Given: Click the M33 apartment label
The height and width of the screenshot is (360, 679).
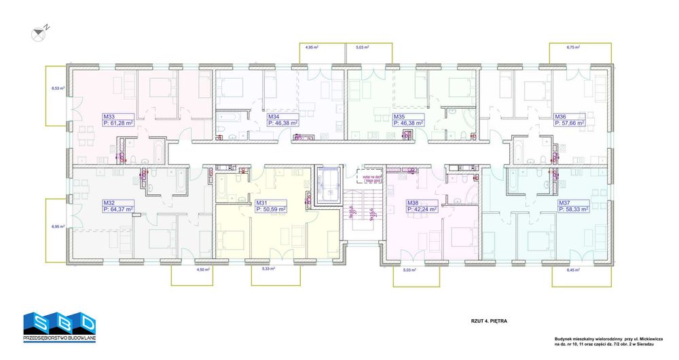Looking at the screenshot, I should [108, 116].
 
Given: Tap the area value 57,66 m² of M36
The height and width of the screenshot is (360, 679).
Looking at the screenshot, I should [574, 123].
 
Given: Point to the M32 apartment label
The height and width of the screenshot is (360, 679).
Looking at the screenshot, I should [108, 202].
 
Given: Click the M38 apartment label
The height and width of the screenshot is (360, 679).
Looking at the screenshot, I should [412, 202].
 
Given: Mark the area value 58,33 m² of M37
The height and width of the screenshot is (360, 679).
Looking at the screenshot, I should [573, 209].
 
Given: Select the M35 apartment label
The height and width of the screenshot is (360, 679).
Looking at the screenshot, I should [399, 116].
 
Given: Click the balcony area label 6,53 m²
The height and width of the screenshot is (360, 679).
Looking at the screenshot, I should [57, 88].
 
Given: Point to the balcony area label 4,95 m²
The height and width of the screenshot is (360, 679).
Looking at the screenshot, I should [312, 48].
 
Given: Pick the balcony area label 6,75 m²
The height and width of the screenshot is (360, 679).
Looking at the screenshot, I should [574, 48].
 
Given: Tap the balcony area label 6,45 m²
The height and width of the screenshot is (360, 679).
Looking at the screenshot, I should [574, 270].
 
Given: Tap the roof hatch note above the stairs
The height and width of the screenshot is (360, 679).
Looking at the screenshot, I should [373, 179].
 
